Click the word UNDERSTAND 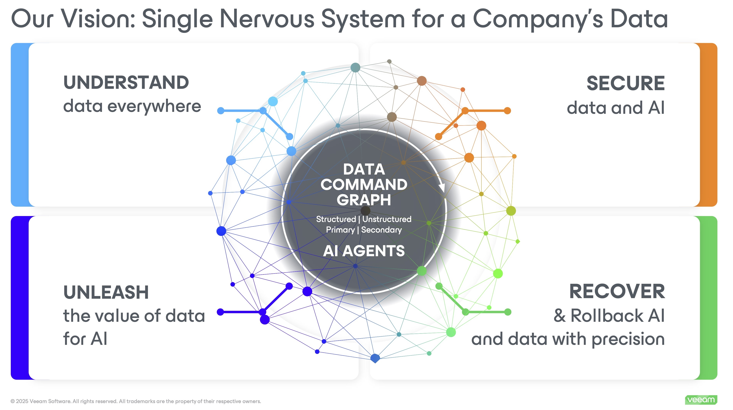coord(126,83)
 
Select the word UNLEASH coord(106,292)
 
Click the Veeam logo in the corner coord(701,400)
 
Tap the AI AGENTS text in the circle coord(364,251)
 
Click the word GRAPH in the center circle coord(364,200)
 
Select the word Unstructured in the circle coord(387,219)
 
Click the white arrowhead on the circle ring coord(442,188)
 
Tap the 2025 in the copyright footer coord(22,401)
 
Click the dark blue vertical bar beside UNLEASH coord(19,298)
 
